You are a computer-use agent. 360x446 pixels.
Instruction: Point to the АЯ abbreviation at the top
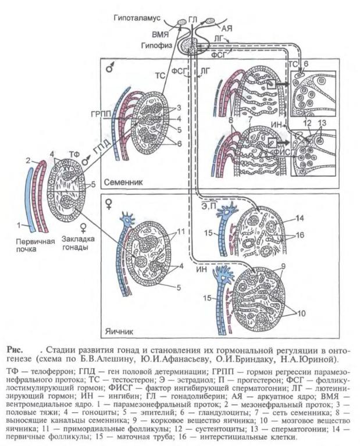click(x=224, y=27)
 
